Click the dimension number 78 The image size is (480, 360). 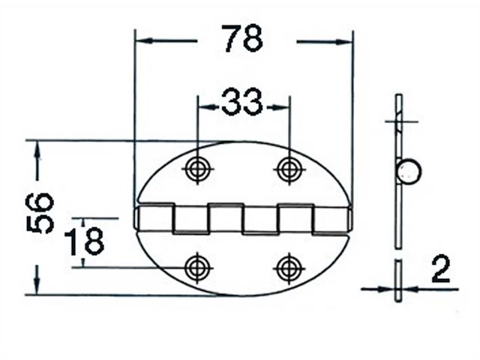tap(242, 39)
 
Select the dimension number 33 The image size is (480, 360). tap(242, 102)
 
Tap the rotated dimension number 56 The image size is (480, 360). tap(41, 213)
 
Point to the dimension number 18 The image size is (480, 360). tap(83, 242)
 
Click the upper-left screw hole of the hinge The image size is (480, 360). tap(197, 169)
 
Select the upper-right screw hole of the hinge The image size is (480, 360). tap(289, 169)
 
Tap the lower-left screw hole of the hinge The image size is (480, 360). tap(197, 267)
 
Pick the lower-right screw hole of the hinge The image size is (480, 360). tap(289, 267)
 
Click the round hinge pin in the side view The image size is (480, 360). tap(409, 172)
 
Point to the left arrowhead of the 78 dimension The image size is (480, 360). tap(142, 41)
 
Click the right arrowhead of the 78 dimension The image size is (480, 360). tap(344, 41)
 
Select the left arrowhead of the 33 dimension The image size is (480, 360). tap(205, 106)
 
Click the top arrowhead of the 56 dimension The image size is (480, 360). tap(37, 148)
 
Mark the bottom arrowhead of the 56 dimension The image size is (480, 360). tap(37, 286)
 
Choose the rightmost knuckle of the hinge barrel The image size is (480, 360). tap(331, 218)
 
